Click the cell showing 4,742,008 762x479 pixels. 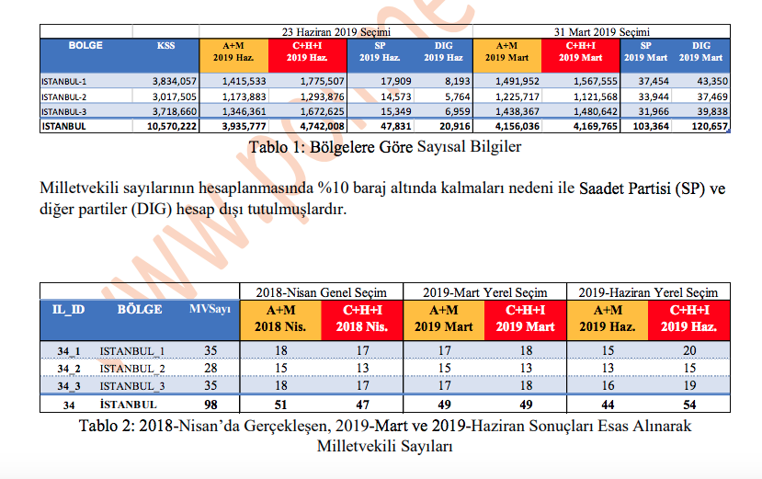[x=318, y=126]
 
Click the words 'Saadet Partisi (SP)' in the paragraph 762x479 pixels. [x=640, y=189]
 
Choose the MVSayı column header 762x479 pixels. [x=210, y=309]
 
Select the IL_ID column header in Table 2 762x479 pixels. [x=69, y=309]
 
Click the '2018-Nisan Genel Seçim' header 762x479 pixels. [x=321, y=291]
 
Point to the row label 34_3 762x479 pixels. [x=69, y=386]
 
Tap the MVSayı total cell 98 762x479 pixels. [x=210, y=405]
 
